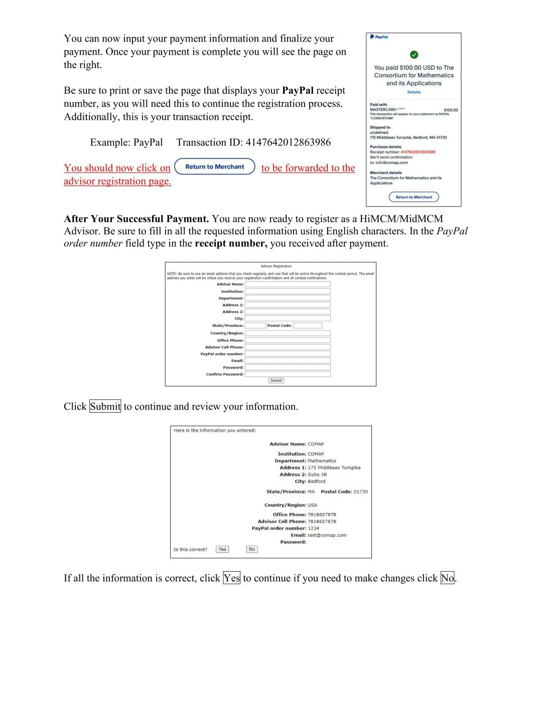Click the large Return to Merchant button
[215, 167]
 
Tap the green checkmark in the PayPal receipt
[414, 55]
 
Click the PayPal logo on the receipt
[379, 37]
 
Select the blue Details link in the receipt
[414, 92]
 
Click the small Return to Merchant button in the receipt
[414, 197]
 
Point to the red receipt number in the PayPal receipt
[418, 152]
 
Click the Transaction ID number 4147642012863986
[288, 142]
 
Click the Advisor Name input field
[288, 284]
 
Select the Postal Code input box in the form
[308, 325]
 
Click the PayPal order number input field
[288, 354]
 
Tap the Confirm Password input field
[288, 374]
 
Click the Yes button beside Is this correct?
[222, 550]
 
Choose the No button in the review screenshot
[252, 550]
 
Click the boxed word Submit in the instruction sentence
[105, 407]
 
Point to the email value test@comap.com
[327, 536]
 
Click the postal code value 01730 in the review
[361, 492]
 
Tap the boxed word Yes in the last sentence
[232, 578]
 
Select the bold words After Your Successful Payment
[137, 219]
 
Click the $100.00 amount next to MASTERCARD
[451, 110]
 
